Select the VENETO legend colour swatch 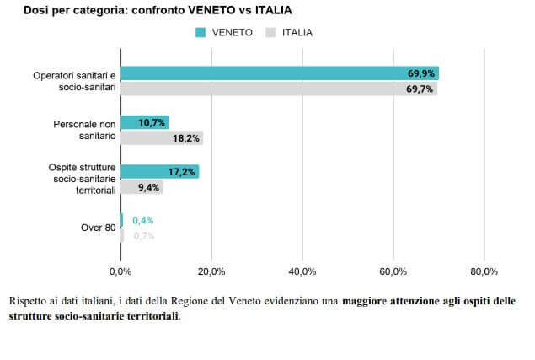(201, 33)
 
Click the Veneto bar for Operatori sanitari (279, 73)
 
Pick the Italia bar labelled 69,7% (279, 88)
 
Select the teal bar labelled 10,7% (144, 122)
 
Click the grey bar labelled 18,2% (162, 137)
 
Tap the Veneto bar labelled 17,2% (159, 171)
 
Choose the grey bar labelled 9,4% (142, 187)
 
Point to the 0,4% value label (142, 221)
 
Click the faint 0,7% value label (143, 236)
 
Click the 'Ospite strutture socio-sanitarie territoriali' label (82, 179)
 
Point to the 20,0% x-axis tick (211, 271)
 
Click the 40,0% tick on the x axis (302, 271)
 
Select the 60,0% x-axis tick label (393, 271)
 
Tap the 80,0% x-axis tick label (484, 271)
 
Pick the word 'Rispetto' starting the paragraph (27, 301)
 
